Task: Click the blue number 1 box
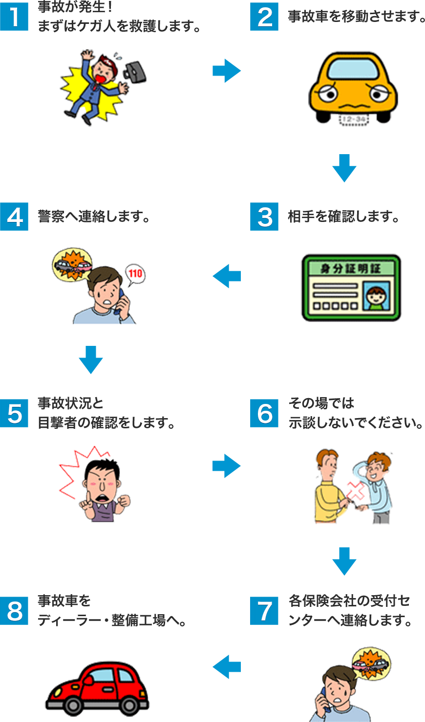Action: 14,17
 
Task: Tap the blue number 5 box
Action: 14,413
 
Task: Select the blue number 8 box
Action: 14,611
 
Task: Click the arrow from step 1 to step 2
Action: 227,71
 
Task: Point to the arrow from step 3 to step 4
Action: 227,276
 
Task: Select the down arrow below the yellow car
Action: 344,168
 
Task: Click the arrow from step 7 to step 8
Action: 227,666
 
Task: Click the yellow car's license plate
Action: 353,120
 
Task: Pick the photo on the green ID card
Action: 376,296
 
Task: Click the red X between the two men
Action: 356,491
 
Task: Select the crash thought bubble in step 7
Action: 371,665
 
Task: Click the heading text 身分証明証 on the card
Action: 351,268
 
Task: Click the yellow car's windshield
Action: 353,69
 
